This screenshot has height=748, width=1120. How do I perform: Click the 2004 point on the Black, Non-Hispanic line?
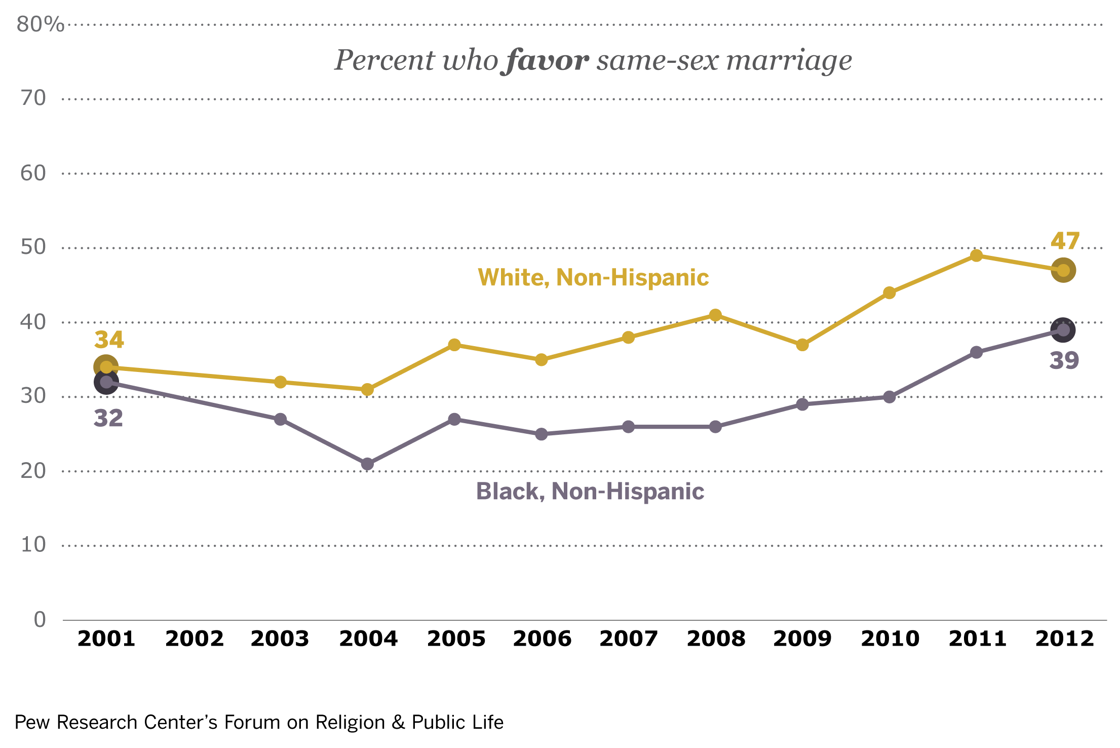(368, 464)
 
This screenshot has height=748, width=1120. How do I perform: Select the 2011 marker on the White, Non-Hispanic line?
(977, 255)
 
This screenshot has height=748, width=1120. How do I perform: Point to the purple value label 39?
(1064, 361)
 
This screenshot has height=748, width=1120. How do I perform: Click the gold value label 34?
(109, 340)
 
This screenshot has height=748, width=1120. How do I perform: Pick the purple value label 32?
(108, 419)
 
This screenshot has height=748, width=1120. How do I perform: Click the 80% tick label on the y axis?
(40, 24)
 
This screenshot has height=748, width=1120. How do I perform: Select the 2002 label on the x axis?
(195, 639)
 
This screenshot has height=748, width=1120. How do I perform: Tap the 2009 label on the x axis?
(802, 639)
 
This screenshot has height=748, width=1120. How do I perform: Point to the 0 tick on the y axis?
(40, 620)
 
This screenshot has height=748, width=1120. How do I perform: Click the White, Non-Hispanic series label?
(593, 278)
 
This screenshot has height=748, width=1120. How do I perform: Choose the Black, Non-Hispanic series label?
(590, 492)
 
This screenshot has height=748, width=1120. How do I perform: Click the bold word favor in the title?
(547, 61)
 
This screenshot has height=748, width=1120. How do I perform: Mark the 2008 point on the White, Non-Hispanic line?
(715, 315)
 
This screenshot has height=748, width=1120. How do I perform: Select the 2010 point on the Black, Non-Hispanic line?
(890, 397)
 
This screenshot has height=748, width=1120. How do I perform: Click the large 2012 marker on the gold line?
(1063, 270)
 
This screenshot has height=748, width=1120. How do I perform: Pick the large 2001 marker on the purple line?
(106, 382)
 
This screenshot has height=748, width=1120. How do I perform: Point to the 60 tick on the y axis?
(33, 173)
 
